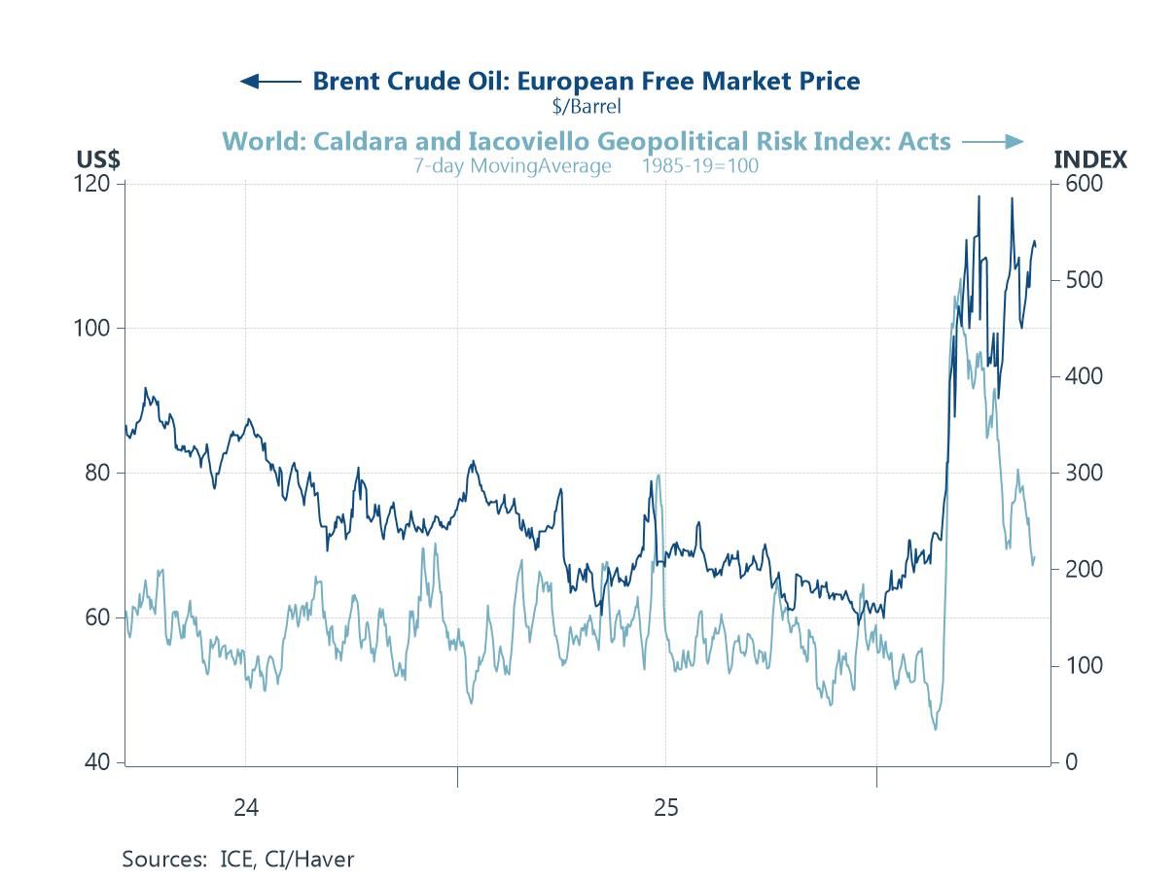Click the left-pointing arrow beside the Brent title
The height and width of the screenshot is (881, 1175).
click(x=270, y=82)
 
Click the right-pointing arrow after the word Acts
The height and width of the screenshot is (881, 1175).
click(x=993, y=142)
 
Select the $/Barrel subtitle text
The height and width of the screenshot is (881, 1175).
click(x=587, y=106)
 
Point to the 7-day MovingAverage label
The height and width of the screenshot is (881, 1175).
click(x=513, y=166)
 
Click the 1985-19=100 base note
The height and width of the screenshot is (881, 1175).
click(x=700, y=166)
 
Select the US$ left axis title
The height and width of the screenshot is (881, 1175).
click(x=98, y=159)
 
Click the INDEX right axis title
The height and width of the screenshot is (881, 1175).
click(x=1090, y=159)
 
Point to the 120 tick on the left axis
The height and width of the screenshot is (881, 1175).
click(x=91, y=184)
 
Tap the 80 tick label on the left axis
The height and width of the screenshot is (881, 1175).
click(x=97, y=473)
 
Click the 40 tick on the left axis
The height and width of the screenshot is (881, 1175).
click(x=97, y=762)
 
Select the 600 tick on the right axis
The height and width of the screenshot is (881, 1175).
click(x=1084, y=184)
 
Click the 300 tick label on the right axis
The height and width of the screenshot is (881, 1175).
click(x=1084, y=473)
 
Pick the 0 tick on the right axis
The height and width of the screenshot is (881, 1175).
click(x=1072, y=762)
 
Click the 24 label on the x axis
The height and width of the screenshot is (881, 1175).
click(x=246, y=808)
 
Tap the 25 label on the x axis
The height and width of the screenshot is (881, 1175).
click(x=666, y=808)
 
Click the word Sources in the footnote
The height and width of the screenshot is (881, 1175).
click(x=164, y=859)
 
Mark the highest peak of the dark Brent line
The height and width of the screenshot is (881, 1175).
click(x=979, y=196)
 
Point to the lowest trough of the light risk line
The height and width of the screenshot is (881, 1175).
click(x=935, y=729)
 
